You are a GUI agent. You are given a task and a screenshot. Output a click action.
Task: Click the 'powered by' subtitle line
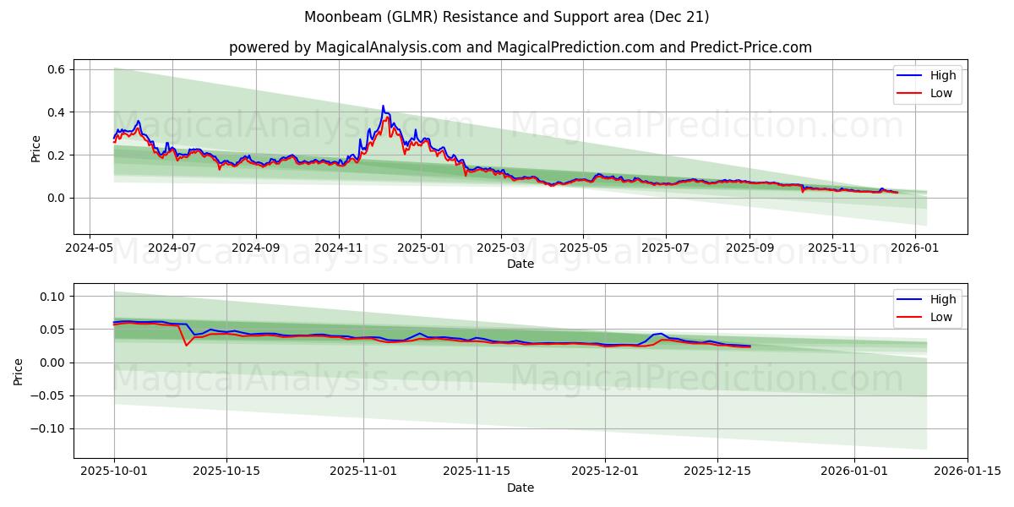pos(520,47)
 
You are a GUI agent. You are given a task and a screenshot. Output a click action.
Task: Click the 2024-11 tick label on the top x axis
pos(338,248)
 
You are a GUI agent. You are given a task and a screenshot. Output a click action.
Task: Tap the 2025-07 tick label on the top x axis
pos(665,248)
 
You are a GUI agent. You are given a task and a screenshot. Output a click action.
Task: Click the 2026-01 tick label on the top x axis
pos(915,248)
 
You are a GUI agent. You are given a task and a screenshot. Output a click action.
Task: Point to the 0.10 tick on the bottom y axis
pos(52,297)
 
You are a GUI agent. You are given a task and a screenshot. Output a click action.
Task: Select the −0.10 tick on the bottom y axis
pos(49,428)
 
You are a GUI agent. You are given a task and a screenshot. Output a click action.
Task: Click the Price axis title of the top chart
pos(35,148)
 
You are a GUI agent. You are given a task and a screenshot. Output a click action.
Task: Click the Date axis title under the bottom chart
pos(520,488)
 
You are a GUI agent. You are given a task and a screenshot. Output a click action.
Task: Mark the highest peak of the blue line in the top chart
pos(383,106)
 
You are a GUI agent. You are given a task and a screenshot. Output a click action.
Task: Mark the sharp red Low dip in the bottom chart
pos(187,345)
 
